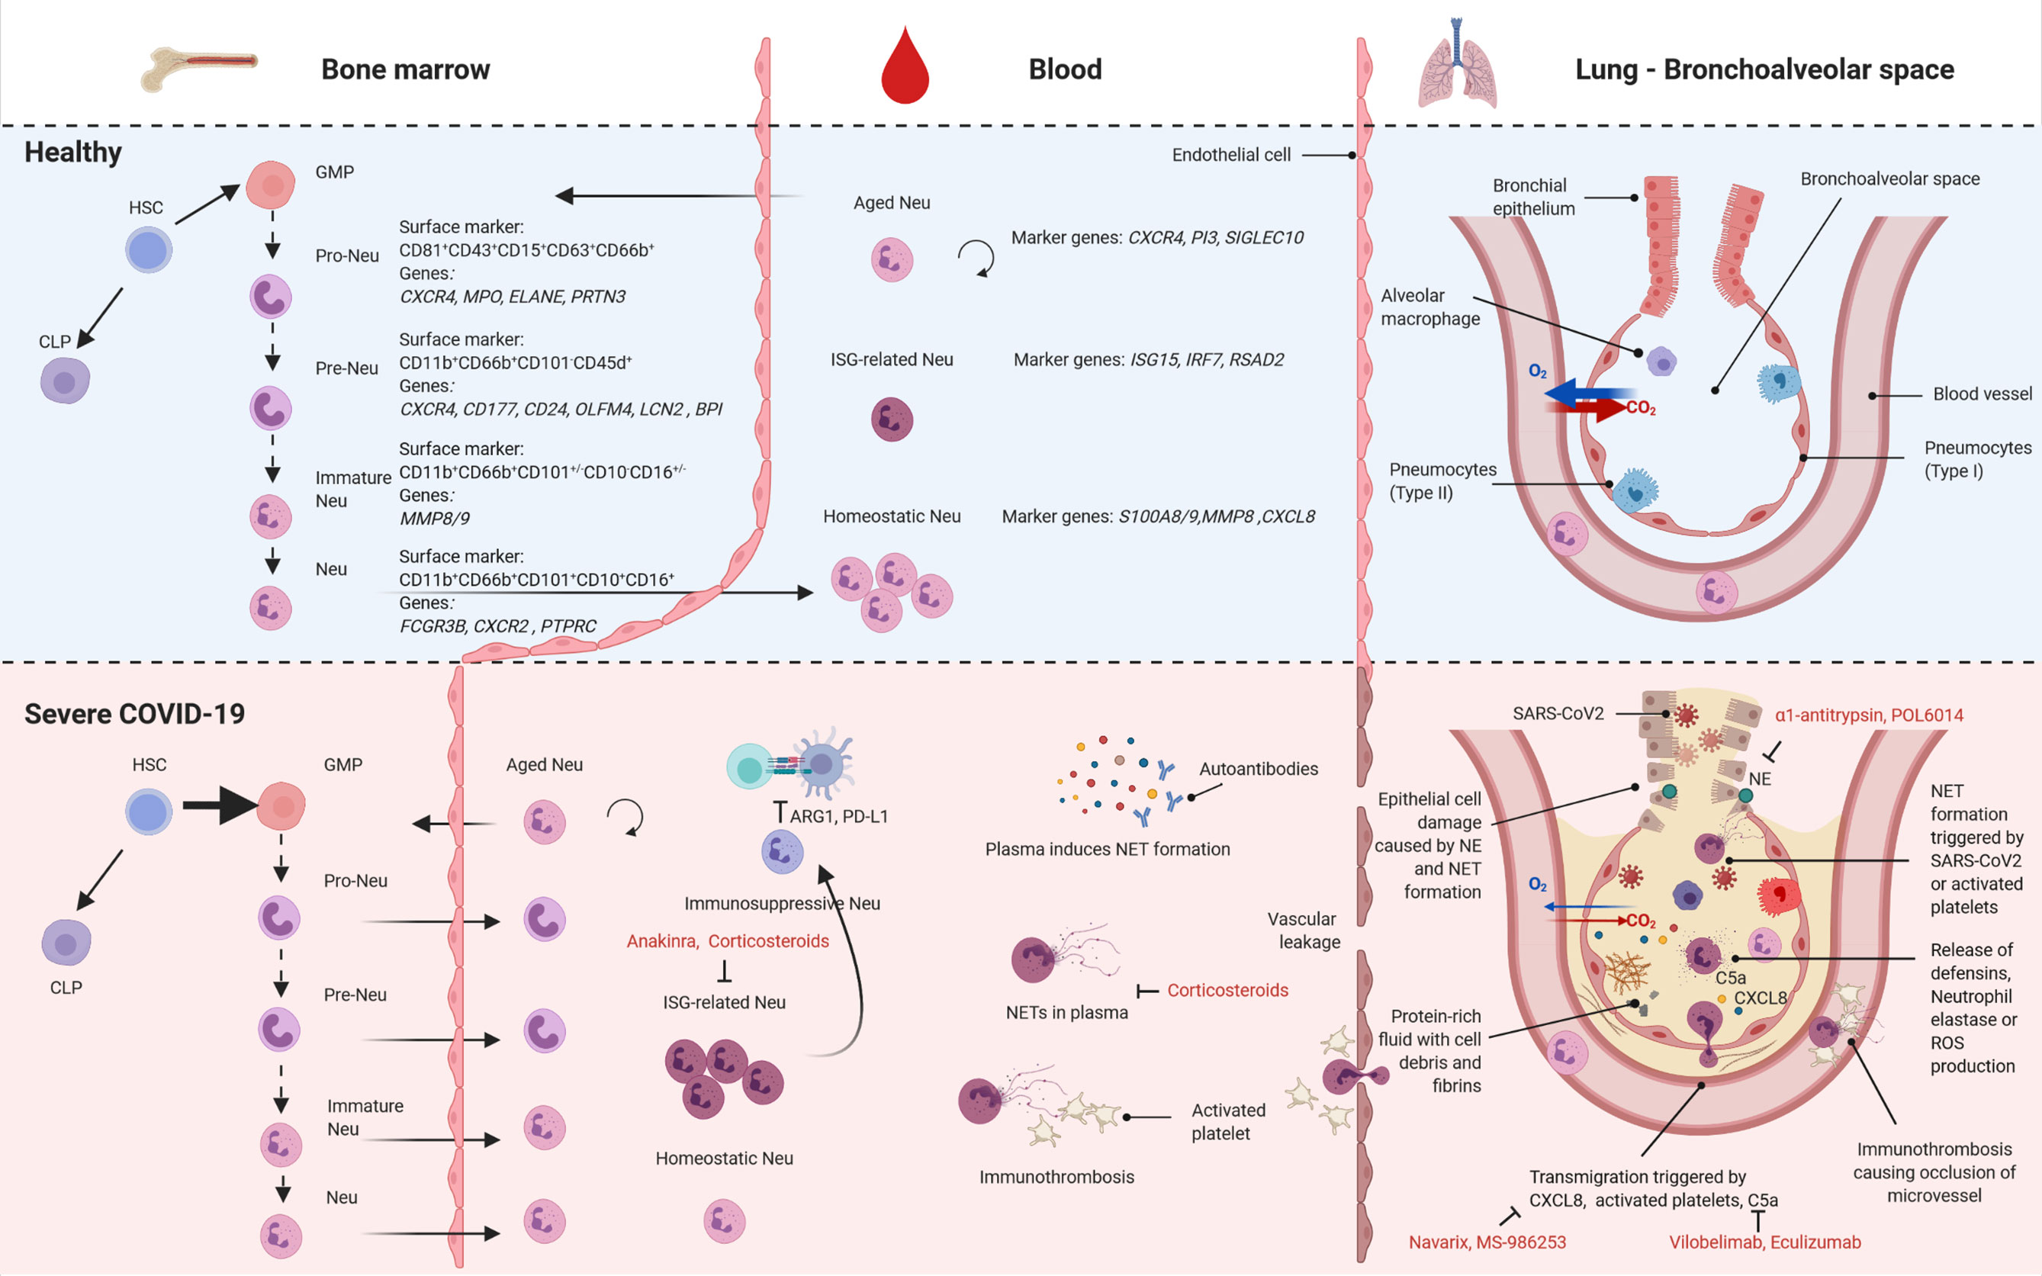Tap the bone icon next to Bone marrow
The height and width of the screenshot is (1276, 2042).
pos(199,68)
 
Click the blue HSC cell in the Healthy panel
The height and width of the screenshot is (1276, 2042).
pos(149,251)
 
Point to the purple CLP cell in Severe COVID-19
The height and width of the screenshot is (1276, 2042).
pos(66,943)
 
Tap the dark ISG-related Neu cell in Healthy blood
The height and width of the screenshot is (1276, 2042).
pos(892,419)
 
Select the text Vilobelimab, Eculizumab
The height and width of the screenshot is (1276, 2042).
pos(1764,1242)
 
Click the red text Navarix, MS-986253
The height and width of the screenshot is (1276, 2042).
pos(1487,1242)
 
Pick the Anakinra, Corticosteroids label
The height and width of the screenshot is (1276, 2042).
pos(728,941)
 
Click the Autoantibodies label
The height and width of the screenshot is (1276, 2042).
pos(1258,769)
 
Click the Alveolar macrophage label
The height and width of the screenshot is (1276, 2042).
pos(1429,307)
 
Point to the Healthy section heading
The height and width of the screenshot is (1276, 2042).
pos(73,153)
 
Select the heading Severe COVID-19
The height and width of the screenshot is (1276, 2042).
pos(134,714)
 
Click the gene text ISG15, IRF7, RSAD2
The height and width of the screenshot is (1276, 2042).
pos(1207,360)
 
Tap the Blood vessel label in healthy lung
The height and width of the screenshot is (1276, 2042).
pos(1981,394)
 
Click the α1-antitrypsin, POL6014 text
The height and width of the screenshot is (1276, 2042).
pos(1868,715)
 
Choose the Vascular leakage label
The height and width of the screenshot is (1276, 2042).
pos(1304,930)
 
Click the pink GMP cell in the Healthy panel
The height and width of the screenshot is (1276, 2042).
pos(271,185)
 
